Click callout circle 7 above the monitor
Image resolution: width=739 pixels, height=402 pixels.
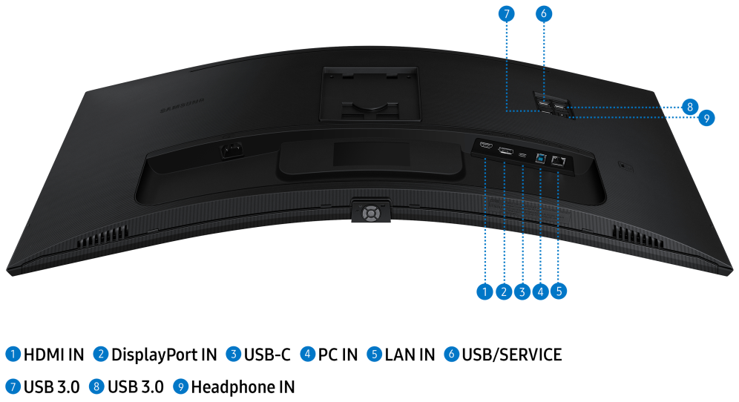click(x=506, y=13)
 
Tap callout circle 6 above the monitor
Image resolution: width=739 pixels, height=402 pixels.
click(x=543, y=13)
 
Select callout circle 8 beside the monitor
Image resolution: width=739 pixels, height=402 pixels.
click(x=690, y=107)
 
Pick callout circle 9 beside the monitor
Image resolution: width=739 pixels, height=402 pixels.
click(x=706, y=118)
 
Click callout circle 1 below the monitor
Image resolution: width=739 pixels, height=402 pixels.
click(x=485, y=291)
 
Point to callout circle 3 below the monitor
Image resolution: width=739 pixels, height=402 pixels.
click(x=522, y=291)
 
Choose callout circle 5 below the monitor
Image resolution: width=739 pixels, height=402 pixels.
click(x=559, y=291)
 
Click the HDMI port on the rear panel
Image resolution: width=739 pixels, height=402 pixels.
click(x=486, y=144)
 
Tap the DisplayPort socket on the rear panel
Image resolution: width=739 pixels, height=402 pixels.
click(x=506, y=151)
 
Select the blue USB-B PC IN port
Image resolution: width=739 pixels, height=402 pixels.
click(x=541, y=158)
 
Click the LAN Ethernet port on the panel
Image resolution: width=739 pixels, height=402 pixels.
click(x=558, y=161)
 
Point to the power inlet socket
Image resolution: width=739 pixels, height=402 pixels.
click(x=231, y=151)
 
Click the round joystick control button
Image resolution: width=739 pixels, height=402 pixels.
click(x=371, y=214)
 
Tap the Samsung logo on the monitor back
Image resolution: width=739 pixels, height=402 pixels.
click(x=182, y=106)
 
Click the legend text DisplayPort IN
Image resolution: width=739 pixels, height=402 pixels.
click(x=164, y=355)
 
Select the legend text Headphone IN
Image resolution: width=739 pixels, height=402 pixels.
click(x=243, y=387)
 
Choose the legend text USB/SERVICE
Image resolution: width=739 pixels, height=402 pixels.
click(x=512, y=355)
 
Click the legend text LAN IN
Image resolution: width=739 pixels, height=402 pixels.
click(x=410, y=355)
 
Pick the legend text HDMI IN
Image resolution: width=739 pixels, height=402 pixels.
click(x=53, y=355)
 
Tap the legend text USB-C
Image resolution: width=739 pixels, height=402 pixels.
click(x=267, y=355)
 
